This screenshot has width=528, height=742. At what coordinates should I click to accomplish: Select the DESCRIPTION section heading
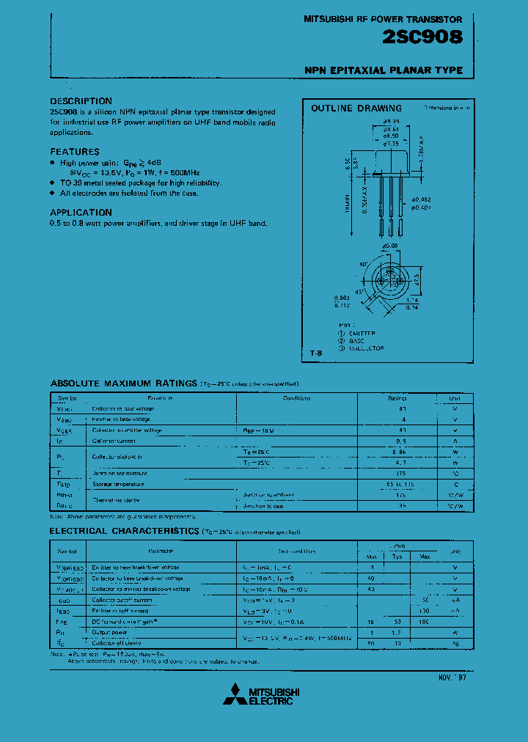tap(81, 101)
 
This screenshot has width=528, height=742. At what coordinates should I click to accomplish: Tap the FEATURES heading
tap(75, 152)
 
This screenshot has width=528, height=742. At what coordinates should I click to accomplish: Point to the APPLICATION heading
tap(81, 213)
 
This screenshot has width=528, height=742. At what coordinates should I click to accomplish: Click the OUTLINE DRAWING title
tap(356, 109)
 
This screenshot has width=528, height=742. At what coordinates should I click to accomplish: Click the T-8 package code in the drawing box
tap(315, 353)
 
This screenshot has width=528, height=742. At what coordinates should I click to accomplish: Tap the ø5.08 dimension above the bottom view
tap(389, 246)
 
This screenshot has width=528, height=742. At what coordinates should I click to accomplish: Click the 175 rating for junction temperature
tap(401, 474)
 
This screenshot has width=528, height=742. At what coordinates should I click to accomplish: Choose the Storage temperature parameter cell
tap(118, 484)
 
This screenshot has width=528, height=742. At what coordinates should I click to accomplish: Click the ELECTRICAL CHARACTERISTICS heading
tap(124, 530)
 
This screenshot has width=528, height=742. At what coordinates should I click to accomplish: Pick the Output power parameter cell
tap(110, 632)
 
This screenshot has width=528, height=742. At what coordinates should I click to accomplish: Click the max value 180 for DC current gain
tap(425, 621)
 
